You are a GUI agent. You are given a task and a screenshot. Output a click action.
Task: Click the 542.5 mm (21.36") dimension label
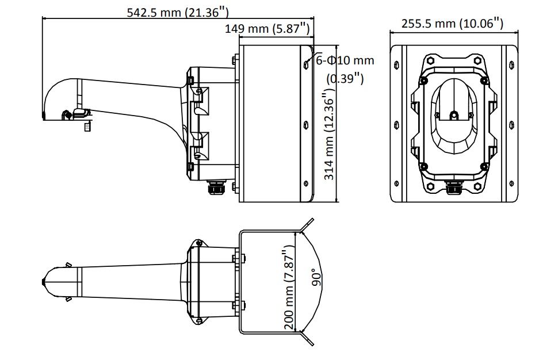pos(178,13)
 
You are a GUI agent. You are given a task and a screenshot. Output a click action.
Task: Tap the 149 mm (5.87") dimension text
pos(267,28)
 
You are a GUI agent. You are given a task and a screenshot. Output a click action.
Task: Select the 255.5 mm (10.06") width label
pos(452,23)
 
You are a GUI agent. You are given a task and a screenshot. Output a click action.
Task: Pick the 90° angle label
pos(316,278)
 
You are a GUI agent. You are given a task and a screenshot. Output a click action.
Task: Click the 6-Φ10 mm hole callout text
pos(345,60)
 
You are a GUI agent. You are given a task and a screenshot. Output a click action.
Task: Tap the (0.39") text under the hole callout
pos(345,79)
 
